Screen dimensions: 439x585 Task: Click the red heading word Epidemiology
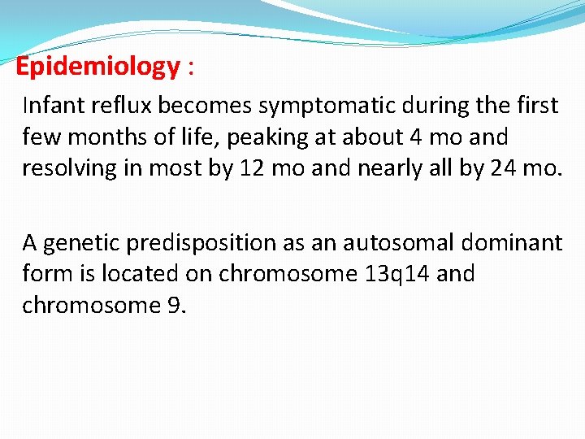click(97, 67)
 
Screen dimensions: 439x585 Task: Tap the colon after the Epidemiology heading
click(190, 68)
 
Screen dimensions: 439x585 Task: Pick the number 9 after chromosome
click(180, 305)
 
